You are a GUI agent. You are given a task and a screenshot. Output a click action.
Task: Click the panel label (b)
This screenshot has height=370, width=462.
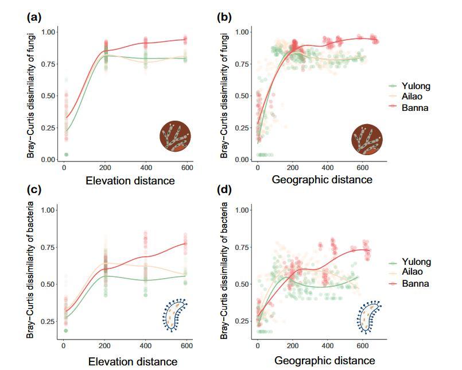point(224,17)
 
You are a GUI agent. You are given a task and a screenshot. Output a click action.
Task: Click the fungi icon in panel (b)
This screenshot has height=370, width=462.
point(368,138)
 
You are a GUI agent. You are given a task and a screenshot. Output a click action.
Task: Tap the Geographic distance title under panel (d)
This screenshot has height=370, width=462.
point(323,360)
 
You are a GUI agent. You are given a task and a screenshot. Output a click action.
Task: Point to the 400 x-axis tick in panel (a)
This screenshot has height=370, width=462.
point(145,168)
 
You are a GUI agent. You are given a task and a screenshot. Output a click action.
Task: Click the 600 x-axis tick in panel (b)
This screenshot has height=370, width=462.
point(362,168)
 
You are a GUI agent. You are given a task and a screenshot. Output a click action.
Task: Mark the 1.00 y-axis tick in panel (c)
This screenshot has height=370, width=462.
point(49,210)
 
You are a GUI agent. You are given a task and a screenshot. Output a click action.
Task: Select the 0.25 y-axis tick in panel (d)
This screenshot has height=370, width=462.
point(243,321)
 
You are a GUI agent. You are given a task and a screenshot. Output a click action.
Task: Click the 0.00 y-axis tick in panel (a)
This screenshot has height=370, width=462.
point(49,159)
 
